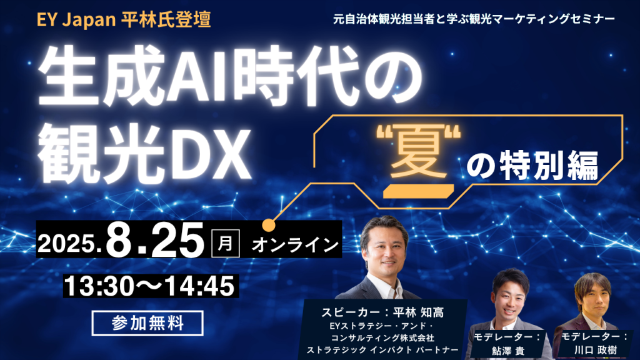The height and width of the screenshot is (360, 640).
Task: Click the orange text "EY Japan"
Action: pyautogui.click(x=76, y=20)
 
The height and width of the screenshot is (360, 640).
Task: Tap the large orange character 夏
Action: pyautogui.click(x=418, y=154)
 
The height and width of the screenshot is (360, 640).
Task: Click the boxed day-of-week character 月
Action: pyautogui.click(x=225, y=244)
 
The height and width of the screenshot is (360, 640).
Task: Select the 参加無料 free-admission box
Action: pyautogui.click(x=147, y=323)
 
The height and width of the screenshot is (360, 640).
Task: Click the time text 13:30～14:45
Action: pyautogui.click(x=150, y=286)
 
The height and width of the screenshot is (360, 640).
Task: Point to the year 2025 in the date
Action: pyautogui.click(x=66, y=244)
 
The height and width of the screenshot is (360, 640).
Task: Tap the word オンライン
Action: pyautogui.click(x=295, y=245)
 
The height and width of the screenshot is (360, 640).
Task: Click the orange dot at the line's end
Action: pyautogui.click(x=269, y=225)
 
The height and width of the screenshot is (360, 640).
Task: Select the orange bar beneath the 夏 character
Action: pyautogui.click(x=418, y=191)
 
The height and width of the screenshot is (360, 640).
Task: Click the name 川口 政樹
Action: pyautogui.click(x=595, y=350)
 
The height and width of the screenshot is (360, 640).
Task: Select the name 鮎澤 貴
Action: pyautogui.click(x=507, y=351)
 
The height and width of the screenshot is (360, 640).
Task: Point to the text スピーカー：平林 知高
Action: pyautogui.click(x=382, y=312)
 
